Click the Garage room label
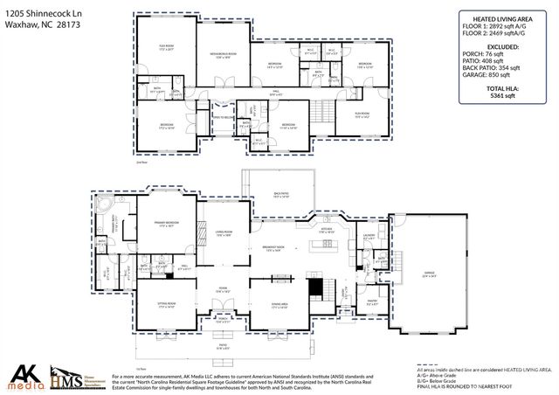click(x=429, y=274)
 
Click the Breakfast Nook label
click(x=276, y=249)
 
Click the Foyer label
click(x=224, y=291)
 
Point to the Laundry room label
click(x=369, y=236)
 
